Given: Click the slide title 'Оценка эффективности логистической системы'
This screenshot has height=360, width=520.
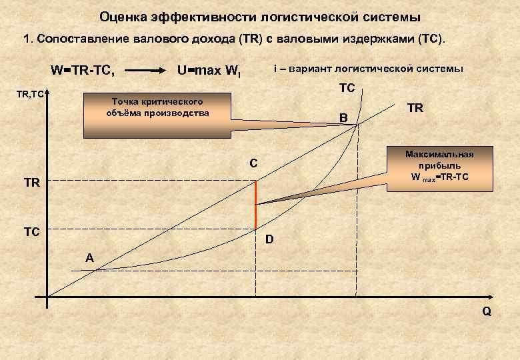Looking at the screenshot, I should click(260, 15).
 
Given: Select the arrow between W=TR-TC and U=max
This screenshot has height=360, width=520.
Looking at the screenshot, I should click(145, 69).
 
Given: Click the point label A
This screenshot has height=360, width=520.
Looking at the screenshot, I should click(89, 258).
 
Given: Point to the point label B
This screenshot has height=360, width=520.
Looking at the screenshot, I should click(343, 117).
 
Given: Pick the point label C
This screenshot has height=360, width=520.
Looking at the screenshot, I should click(254, 163).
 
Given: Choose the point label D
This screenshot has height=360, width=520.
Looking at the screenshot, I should click(269, 238).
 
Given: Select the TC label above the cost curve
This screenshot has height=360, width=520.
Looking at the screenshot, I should click(347, 87).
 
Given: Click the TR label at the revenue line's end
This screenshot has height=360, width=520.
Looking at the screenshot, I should click(415, 107).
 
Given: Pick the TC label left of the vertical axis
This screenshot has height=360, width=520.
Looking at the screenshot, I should click(32, 233).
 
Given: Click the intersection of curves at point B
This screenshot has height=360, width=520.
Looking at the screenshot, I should click(358, 125).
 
